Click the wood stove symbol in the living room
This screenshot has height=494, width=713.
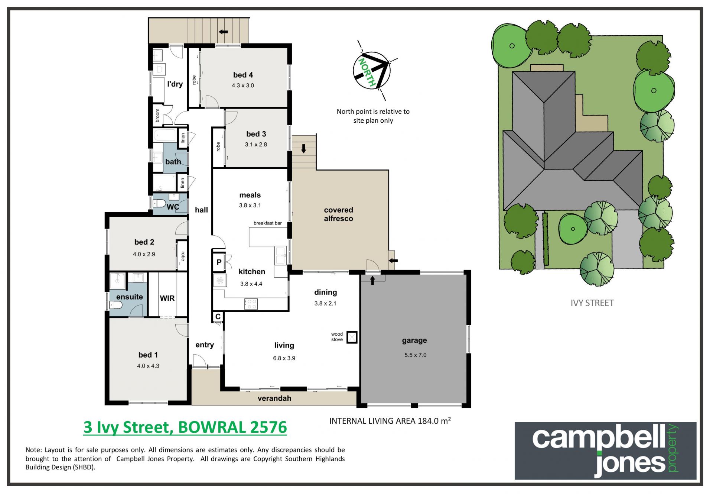pos(352,337)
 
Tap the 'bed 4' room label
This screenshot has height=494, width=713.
pos(243,75)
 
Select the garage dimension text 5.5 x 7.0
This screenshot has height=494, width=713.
pos(415,355)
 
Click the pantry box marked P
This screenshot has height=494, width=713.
pos(219,262)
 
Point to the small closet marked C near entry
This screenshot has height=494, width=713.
pos(218,317)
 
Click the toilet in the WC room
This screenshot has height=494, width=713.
pos(159,203)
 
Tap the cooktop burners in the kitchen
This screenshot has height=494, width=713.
pos(251,304)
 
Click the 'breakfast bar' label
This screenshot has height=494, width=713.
pos(267,223)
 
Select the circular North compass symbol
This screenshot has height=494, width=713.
pos(371,71)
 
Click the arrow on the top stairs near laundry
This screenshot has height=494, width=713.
pos(223,32)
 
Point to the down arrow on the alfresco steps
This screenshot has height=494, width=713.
pos(303,149)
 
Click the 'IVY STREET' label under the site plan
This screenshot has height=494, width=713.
pos(592,303)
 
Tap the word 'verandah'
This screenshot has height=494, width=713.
pos(274,398)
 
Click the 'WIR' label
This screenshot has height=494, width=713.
pos(167,298)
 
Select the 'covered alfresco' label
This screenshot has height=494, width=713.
pos(338,214)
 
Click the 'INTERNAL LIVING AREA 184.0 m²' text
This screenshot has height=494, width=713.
pos(390,421)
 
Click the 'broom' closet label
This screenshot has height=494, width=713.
pos(157,115)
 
